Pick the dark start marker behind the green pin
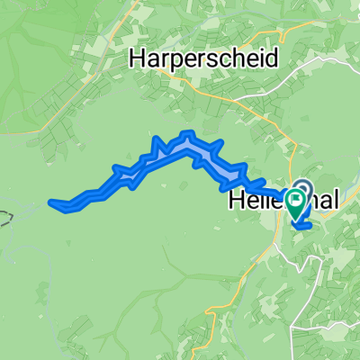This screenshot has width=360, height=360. pos(302,188)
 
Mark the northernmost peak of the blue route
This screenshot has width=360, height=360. pos(188,135)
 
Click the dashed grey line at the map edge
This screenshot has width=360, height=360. pos(7,219)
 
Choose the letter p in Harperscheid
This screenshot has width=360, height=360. pos(182,61)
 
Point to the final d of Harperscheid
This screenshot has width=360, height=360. pos(273,58)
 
